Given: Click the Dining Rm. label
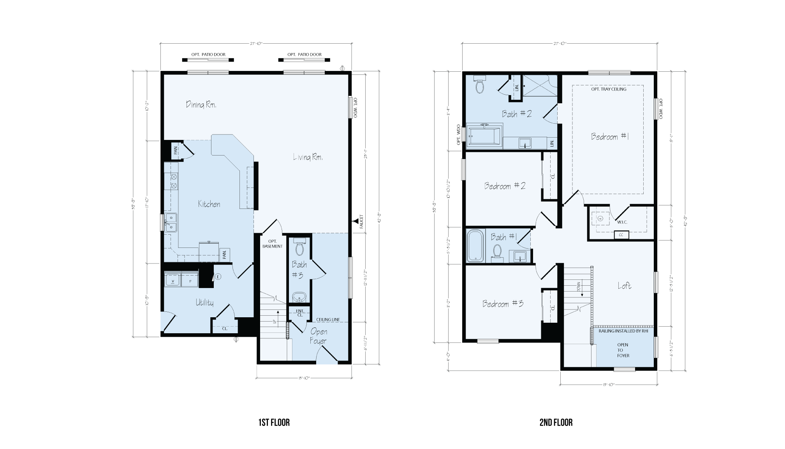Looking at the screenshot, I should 201,104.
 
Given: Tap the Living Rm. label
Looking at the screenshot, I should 308,157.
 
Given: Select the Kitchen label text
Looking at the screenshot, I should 209,204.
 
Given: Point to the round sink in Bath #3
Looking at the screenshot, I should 299,297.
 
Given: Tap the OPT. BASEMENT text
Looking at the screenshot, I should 272,244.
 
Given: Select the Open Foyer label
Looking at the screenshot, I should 318,336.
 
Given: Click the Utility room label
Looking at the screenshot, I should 204,302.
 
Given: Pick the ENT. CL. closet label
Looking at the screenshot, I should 299,313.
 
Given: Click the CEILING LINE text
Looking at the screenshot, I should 328,320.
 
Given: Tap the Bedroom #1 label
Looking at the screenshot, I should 610,136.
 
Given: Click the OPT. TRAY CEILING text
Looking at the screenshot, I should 609,89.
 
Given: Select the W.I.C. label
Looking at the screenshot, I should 622,222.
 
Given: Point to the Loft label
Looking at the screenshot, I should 624,286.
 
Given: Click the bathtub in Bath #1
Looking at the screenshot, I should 475,246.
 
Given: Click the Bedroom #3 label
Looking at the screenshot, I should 503,304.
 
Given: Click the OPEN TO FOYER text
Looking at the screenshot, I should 623,350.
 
